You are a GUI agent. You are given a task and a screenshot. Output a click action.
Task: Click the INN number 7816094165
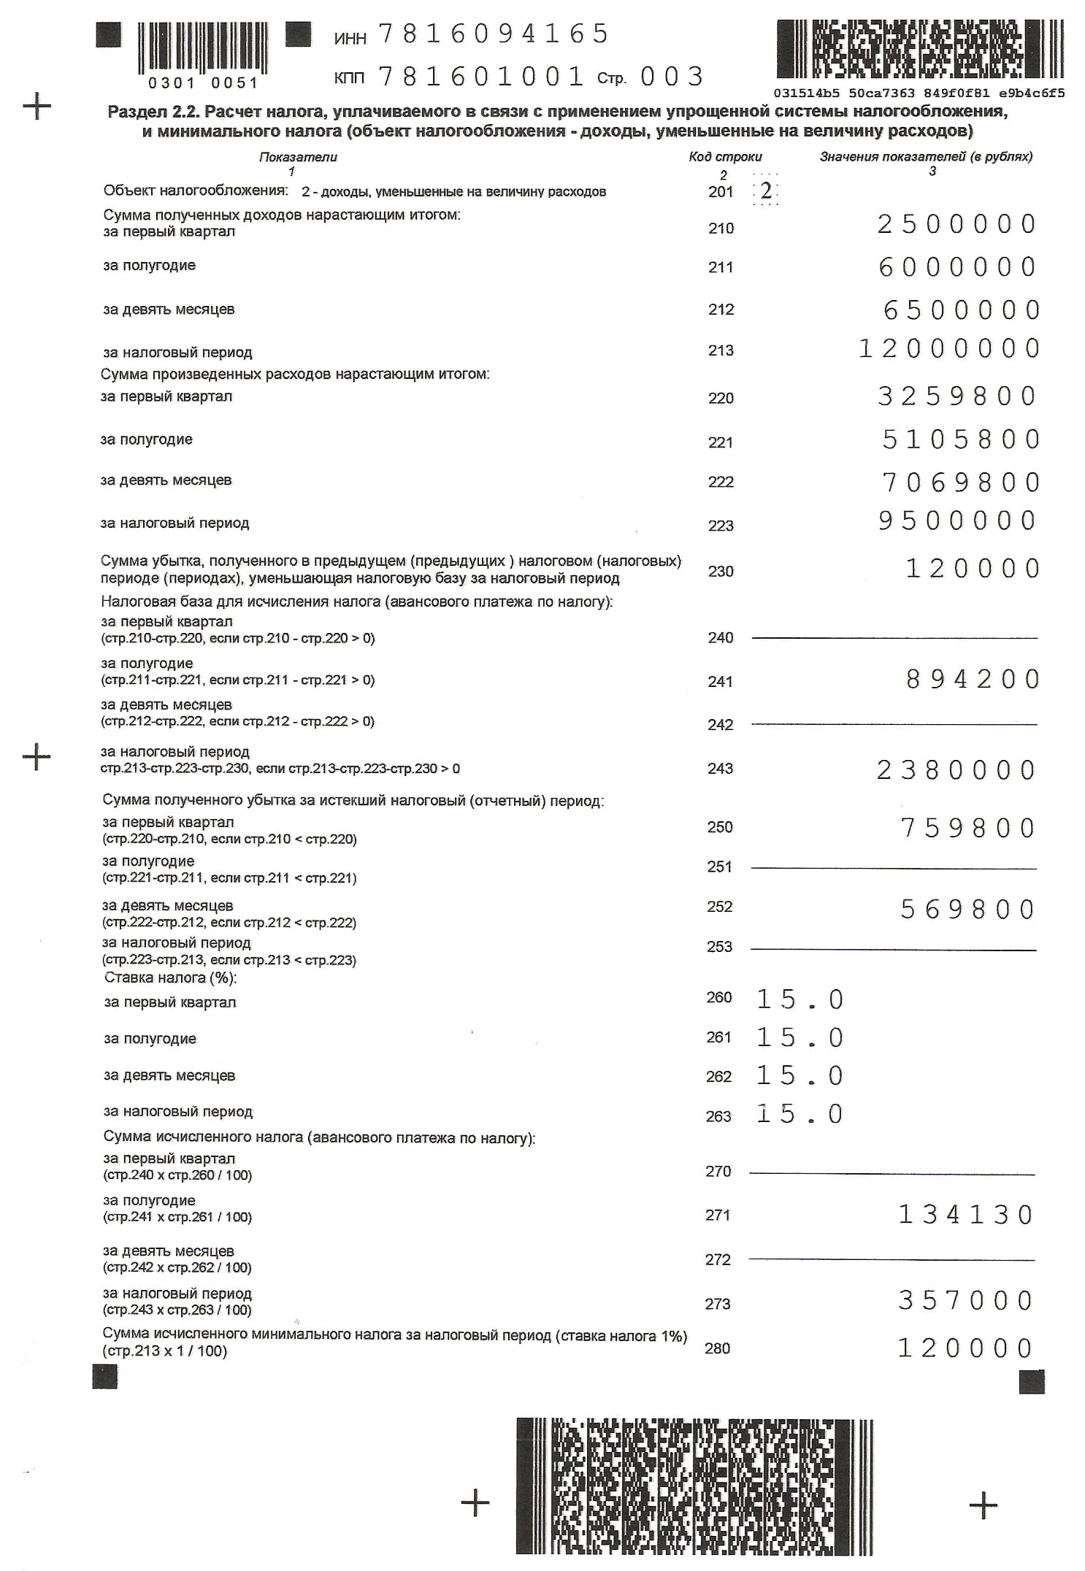pos(494,34)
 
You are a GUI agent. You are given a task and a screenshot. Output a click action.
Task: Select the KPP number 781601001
pos(481,77)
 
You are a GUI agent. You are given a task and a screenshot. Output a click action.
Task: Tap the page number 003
pos(671,77)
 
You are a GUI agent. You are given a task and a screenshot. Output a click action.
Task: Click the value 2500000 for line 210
pos(956,224)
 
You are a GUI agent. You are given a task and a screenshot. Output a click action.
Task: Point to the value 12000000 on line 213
pos(949,349)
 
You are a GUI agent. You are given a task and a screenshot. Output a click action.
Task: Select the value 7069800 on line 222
pos(961,483)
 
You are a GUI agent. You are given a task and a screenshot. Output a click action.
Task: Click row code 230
pos(721,572)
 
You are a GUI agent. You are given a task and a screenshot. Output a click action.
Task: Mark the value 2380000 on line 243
pos(956,770)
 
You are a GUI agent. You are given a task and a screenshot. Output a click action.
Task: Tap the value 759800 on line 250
pos(967,829)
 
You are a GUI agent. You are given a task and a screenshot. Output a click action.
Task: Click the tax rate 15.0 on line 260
pos(800,999)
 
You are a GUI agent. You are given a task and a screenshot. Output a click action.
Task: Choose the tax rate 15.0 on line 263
pos(800,1114)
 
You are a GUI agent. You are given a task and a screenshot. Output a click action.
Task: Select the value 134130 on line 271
pos(965,1215)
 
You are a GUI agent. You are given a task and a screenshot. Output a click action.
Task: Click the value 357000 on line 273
pos(965,1300)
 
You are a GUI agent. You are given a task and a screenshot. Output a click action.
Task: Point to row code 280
pos(718,1348)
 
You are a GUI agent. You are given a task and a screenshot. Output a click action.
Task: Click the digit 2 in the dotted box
pos(766,191)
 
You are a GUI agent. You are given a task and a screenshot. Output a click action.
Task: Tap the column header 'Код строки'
pos(725,157)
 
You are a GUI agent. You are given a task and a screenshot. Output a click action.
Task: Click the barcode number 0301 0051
pos(203,83)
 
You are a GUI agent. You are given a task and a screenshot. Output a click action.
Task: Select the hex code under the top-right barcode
pos(919,93)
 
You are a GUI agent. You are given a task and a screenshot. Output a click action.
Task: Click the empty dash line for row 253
pos(893,950)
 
